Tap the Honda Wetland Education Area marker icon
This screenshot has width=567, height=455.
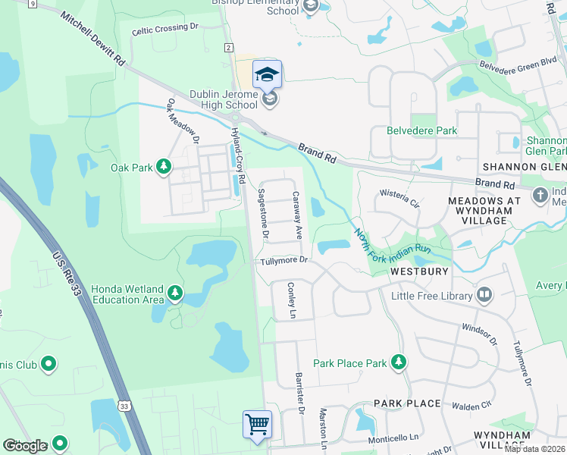click(175, 293)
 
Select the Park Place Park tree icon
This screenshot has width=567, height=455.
click(398, 363)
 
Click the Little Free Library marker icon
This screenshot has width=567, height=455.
click(485, 295)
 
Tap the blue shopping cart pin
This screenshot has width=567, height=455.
click(258, 423)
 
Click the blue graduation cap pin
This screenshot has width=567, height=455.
click(267, 74)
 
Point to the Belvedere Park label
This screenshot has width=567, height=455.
click(421, 130)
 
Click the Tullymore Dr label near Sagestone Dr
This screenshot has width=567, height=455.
click(283, 260)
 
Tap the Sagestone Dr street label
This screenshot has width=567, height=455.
click(264, 215)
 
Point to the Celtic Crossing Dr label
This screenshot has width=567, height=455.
click(164, 28)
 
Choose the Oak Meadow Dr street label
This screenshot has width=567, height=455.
click(183, 121)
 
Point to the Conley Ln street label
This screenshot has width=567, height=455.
click(290, 300)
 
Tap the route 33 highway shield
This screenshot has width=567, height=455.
click(124, 406)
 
